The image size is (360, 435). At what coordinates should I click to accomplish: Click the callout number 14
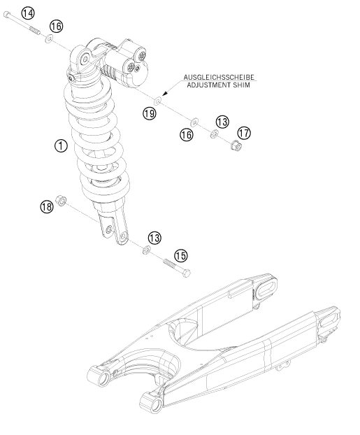coord(28,13)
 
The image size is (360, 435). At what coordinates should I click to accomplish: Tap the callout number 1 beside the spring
coord(61,146)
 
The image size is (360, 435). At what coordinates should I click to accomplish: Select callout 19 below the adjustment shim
coord(150,113)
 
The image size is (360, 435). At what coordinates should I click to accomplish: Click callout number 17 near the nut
coord(244,133)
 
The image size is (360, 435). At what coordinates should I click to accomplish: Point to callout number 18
coord(47,207)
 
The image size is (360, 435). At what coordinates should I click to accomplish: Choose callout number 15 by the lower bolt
coord(181,255)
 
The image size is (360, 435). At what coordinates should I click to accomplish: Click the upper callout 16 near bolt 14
coord(57,27)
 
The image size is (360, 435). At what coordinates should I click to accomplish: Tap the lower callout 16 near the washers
coord(186,135)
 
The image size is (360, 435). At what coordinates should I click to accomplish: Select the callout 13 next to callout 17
coord(222,122)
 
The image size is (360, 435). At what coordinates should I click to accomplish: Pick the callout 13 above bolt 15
coord(154,238)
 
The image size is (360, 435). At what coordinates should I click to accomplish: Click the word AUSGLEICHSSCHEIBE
coord(219,78)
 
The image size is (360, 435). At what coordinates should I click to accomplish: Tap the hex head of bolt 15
coord(187,273)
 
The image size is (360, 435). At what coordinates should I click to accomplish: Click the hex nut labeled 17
coord(236,145)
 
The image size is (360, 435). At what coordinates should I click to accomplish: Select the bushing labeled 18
coord(61,200)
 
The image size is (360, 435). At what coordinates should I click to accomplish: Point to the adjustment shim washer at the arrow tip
coord(158,100)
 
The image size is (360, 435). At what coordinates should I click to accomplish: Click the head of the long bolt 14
coord(7,14)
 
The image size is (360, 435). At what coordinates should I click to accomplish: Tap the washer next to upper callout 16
coord(49,38)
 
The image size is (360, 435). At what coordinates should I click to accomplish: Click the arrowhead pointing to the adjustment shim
coord(164,94)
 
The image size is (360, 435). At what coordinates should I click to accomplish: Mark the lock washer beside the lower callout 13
coord(146,250)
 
